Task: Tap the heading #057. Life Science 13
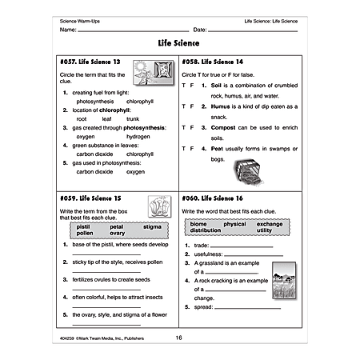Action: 92,61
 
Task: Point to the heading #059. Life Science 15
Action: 92,195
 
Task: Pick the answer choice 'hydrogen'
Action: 138,136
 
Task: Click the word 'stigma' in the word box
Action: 152,227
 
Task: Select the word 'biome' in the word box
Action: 199,224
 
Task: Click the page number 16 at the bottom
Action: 179,338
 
